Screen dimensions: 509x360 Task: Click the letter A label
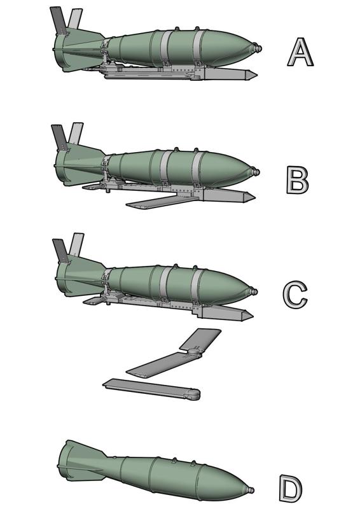300,52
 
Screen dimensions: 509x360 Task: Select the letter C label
295,295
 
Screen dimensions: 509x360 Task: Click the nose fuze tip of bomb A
257,48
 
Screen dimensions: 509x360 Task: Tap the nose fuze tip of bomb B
256,172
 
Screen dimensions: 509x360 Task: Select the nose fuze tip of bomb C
255,293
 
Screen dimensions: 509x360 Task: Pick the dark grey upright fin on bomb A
59,20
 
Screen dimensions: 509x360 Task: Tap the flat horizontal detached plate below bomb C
149,388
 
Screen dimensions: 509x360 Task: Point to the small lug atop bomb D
175,459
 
